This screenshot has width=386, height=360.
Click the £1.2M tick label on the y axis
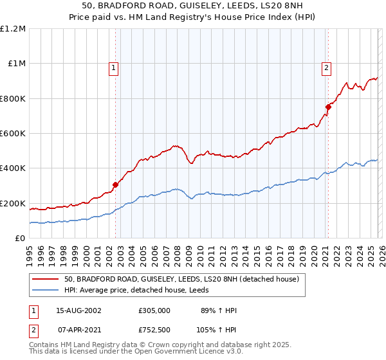(x=14, y=28)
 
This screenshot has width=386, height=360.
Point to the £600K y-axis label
(x=13, y=133)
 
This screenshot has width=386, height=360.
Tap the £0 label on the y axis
(x=20, y=238)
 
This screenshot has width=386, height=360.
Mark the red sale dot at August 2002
(x=116, y=184)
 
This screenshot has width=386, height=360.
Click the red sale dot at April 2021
(x=327, y=107)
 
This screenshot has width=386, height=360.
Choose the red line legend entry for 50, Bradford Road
(x=181, y=280)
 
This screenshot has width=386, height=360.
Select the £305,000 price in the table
(x=154, y=310)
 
